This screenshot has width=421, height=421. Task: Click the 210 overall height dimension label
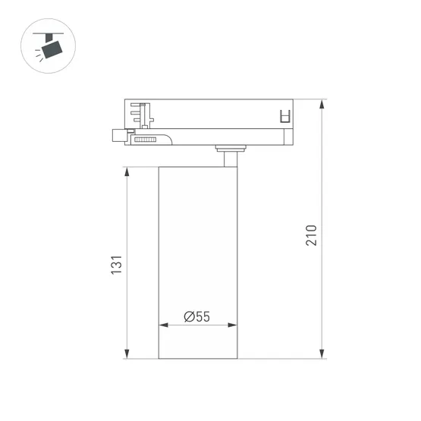click(311, 235)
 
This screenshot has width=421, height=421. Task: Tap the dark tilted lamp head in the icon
click(52, 51)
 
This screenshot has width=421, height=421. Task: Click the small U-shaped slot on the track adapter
click(285, 115)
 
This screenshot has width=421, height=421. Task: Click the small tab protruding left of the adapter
click(118, 136)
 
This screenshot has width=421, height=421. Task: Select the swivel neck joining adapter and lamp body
click(228, 157)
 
